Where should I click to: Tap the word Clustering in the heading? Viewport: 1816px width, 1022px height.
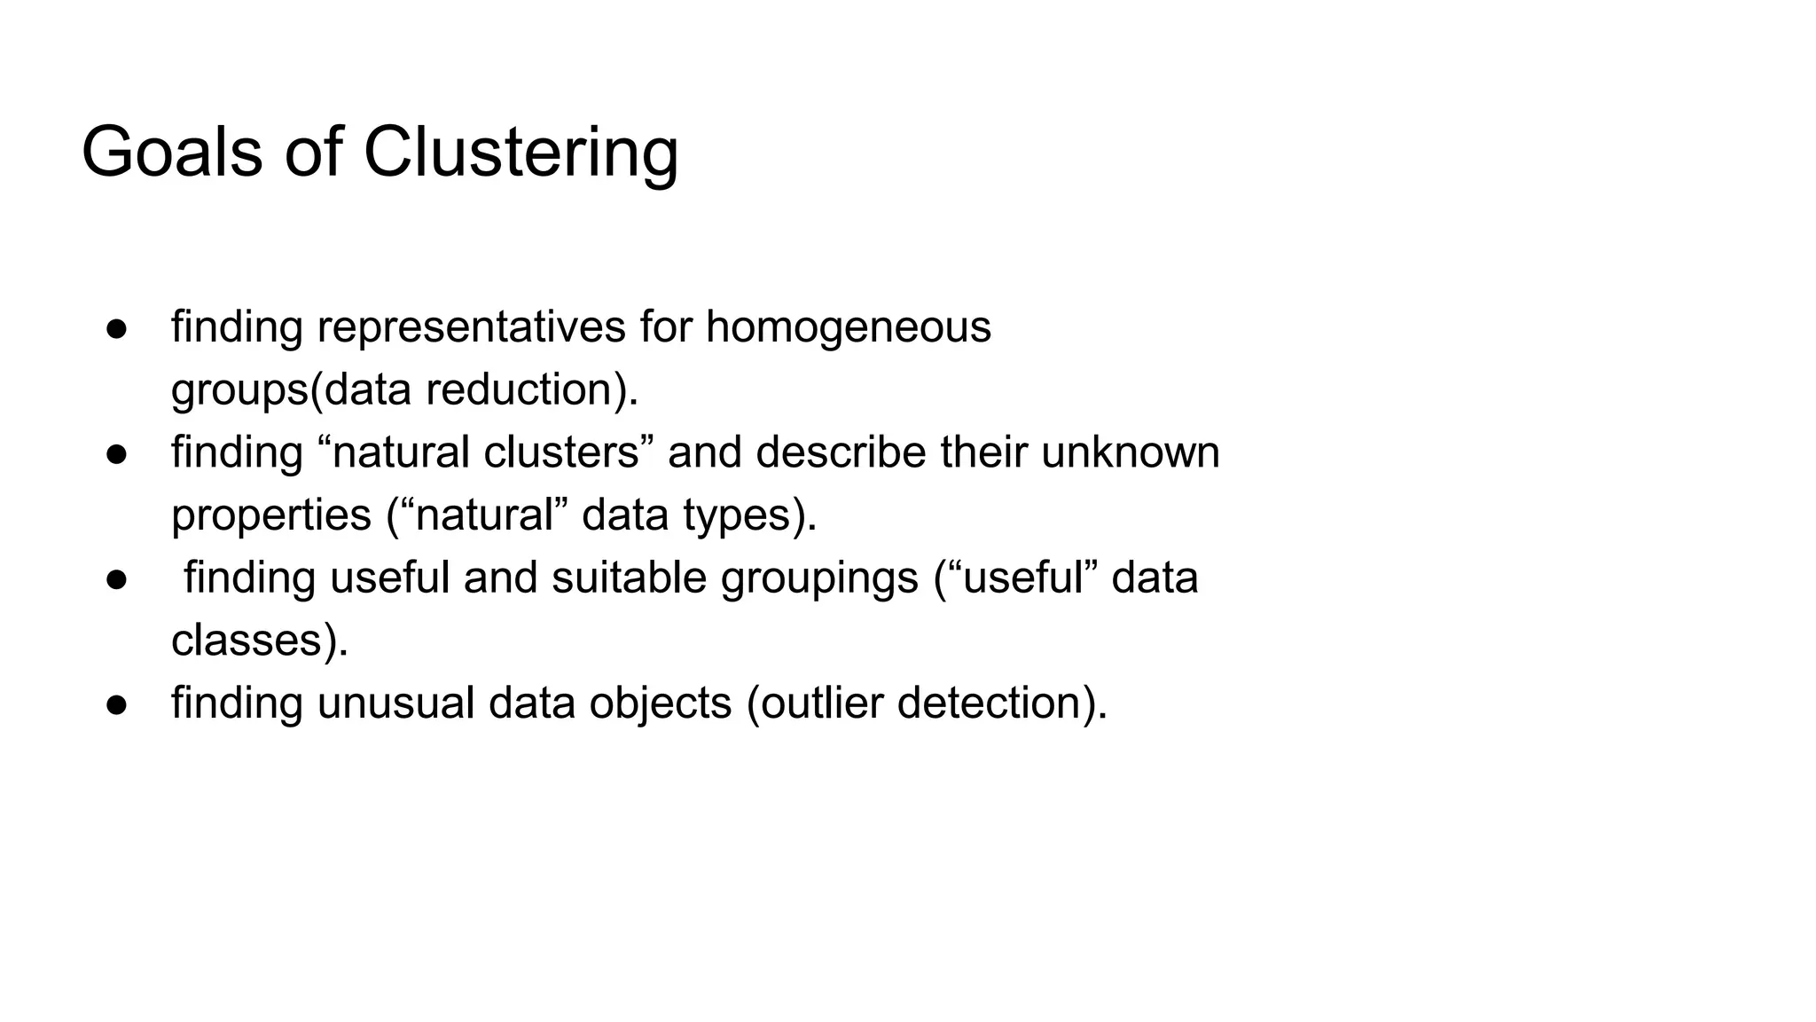pos(521,153)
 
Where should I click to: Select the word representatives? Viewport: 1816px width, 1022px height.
pos(471,326)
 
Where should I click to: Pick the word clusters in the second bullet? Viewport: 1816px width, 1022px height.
pos(562,452)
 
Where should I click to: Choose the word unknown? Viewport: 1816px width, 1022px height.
pos(1130,452)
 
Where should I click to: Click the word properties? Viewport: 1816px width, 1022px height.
pos(270,515)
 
